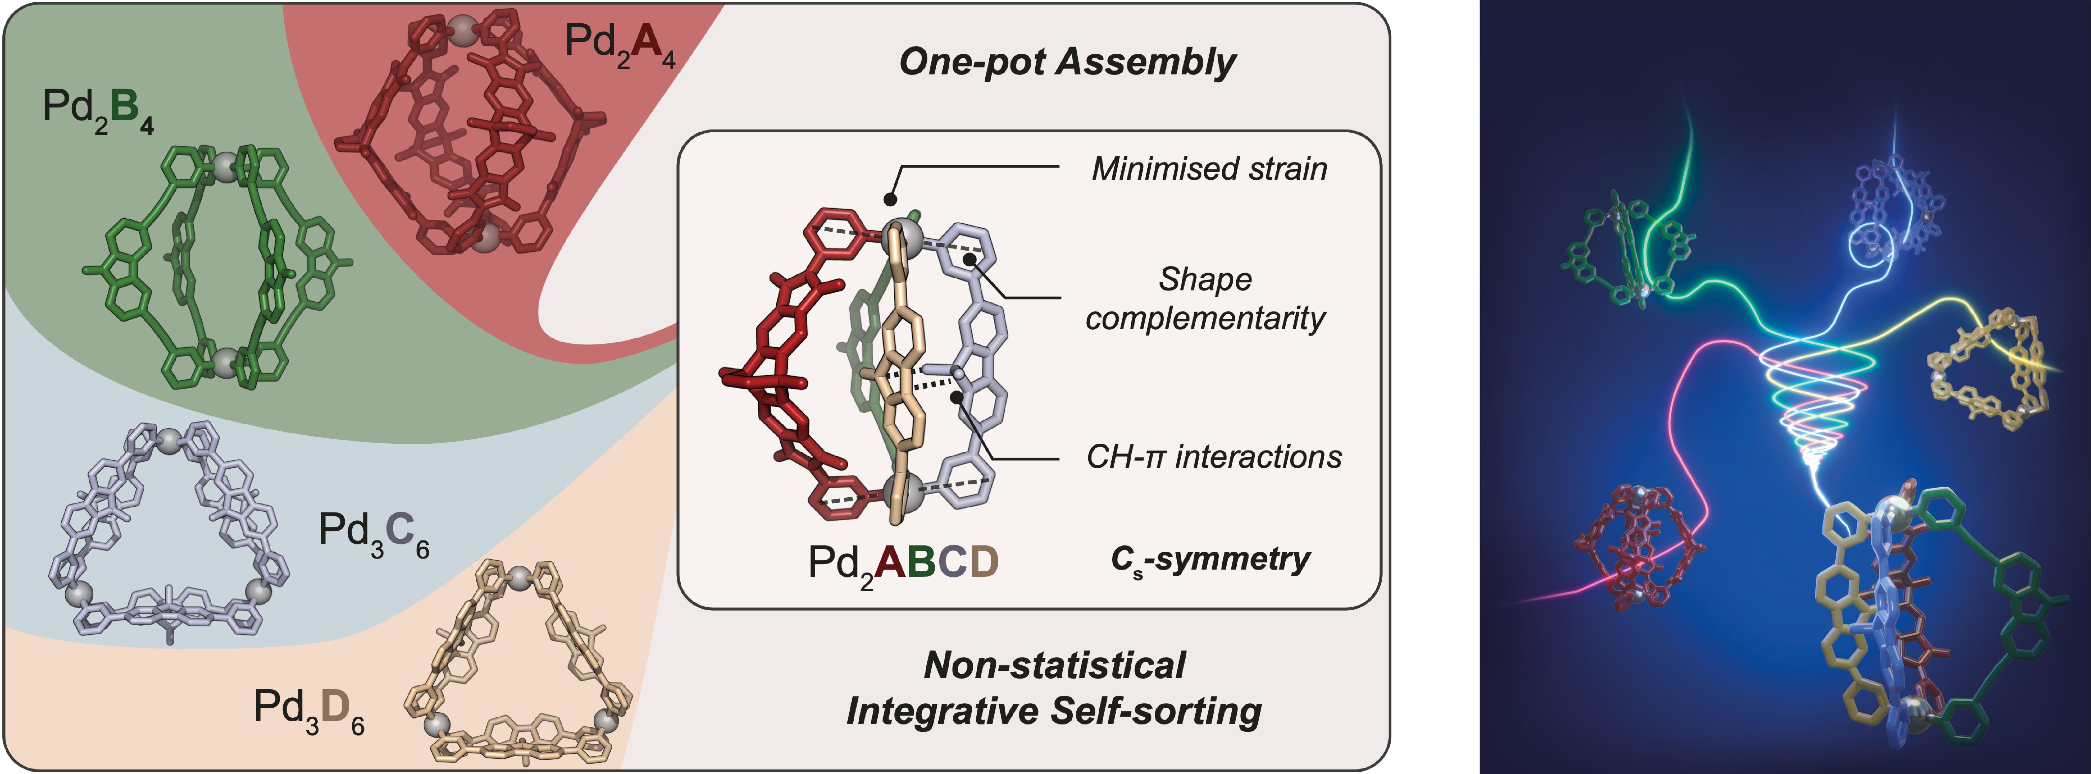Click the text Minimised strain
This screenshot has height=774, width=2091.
point(1209,169)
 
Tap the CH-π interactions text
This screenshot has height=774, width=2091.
point(1213,457)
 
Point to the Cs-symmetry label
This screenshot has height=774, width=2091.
point(1210,560)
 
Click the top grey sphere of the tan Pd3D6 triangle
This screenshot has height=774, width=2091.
point(519,578)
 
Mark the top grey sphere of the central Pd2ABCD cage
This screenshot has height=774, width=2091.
point(907,235)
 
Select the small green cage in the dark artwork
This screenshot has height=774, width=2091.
point(1611,256)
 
